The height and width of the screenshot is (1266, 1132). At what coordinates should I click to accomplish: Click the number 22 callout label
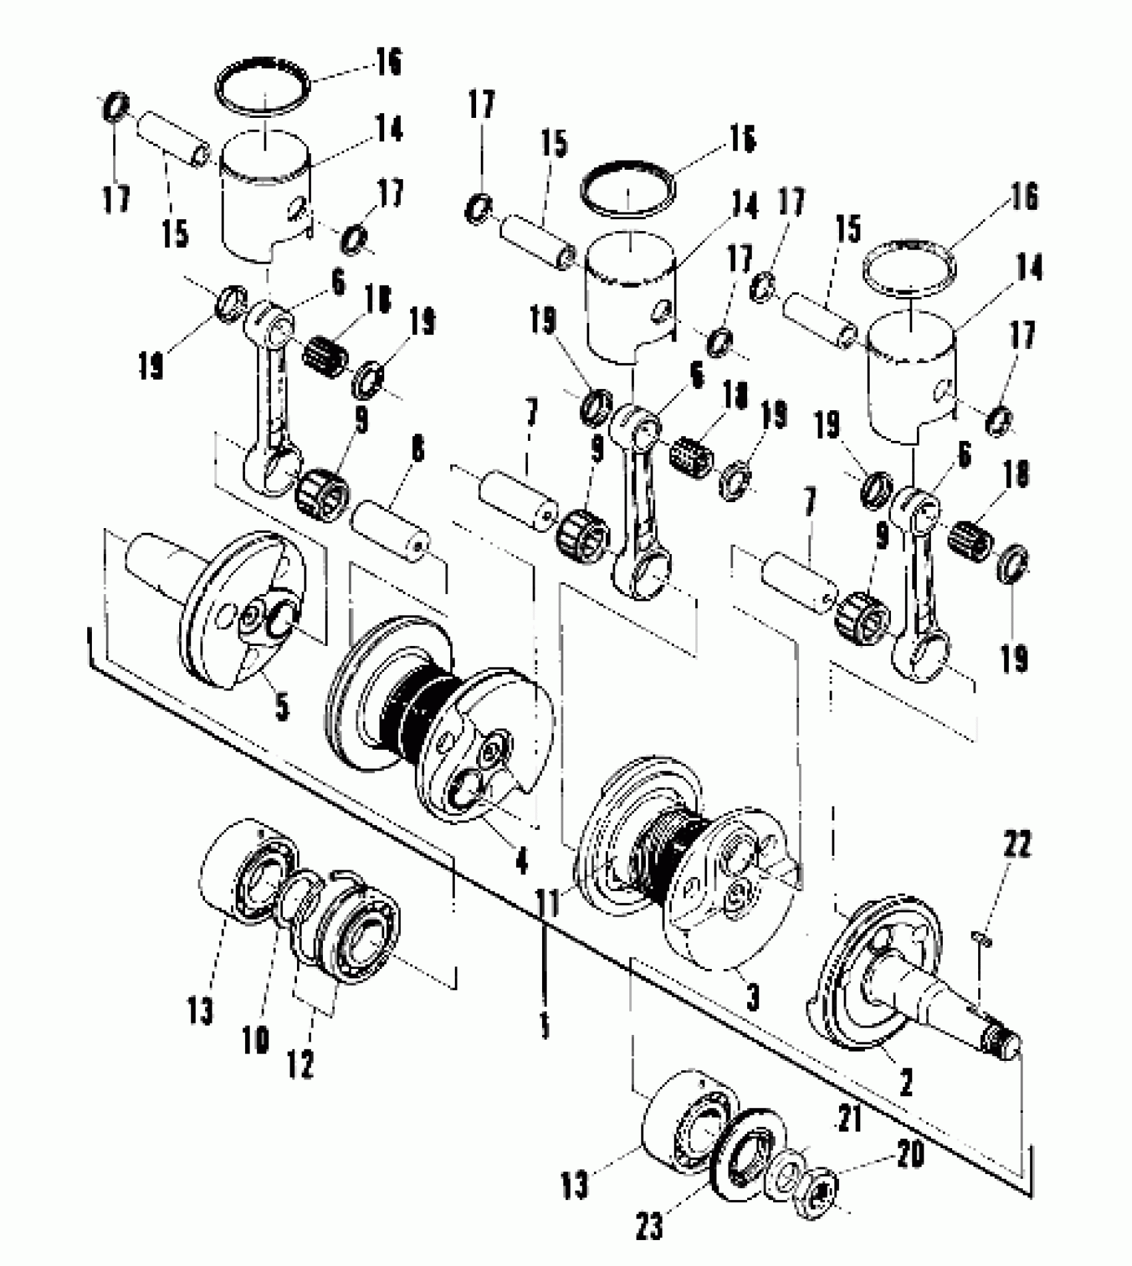(x=1015, y=846)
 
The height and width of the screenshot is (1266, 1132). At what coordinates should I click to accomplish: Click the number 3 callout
(x=752, y=998)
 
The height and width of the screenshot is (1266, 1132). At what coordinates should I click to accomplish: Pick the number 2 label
(x=906, y=1084)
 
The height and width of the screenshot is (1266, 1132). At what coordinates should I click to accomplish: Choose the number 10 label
(x=255, y=1039)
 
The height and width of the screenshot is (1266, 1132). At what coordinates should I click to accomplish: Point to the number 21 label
(x=850, y=1119)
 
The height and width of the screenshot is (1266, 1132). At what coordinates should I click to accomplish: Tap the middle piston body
(x=629, y=300)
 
